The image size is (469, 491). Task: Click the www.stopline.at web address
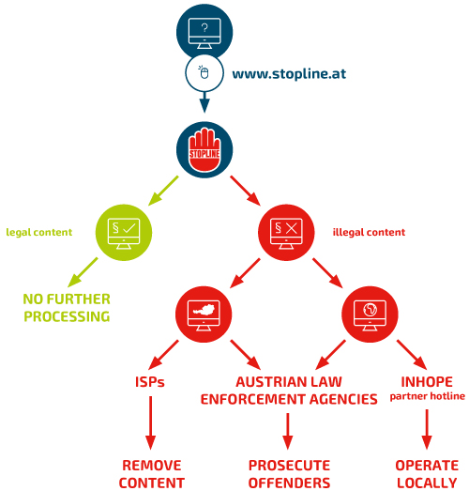[x=289, y=74]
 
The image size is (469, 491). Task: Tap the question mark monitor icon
[x=204, y=32]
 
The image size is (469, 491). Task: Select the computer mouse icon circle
[x=204, y=73]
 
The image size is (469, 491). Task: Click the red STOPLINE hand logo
[x=204, y=149]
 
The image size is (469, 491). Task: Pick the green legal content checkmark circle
[x=124, y=232]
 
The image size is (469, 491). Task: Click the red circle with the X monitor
[x=286, y=232]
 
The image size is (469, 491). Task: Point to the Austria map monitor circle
[x=204, y=315]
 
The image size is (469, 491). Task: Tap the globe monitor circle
[x=370, y=315]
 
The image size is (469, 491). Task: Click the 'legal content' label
[x=39, y=232]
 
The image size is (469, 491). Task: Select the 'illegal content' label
[x=369, y=232]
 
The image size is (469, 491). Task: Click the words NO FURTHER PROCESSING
[x=67, y=308]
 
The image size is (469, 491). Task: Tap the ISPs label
[x=149, y=382]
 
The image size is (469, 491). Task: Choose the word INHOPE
[x=427, y=382]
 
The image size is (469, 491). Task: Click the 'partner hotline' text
[x=428, y=396]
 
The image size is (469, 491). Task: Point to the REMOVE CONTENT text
[x=152, y=474]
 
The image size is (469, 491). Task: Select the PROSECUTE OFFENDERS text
[x=290, y=474]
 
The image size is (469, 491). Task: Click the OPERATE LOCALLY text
[x=427, y=474]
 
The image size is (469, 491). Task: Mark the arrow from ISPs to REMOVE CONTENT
[x=150, y=423]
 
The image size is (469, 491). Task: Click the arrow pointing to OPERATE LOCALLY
[x=427, y=429]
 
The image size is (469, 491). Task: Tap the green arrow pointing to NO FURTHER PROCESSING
[x=83, y=272]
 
